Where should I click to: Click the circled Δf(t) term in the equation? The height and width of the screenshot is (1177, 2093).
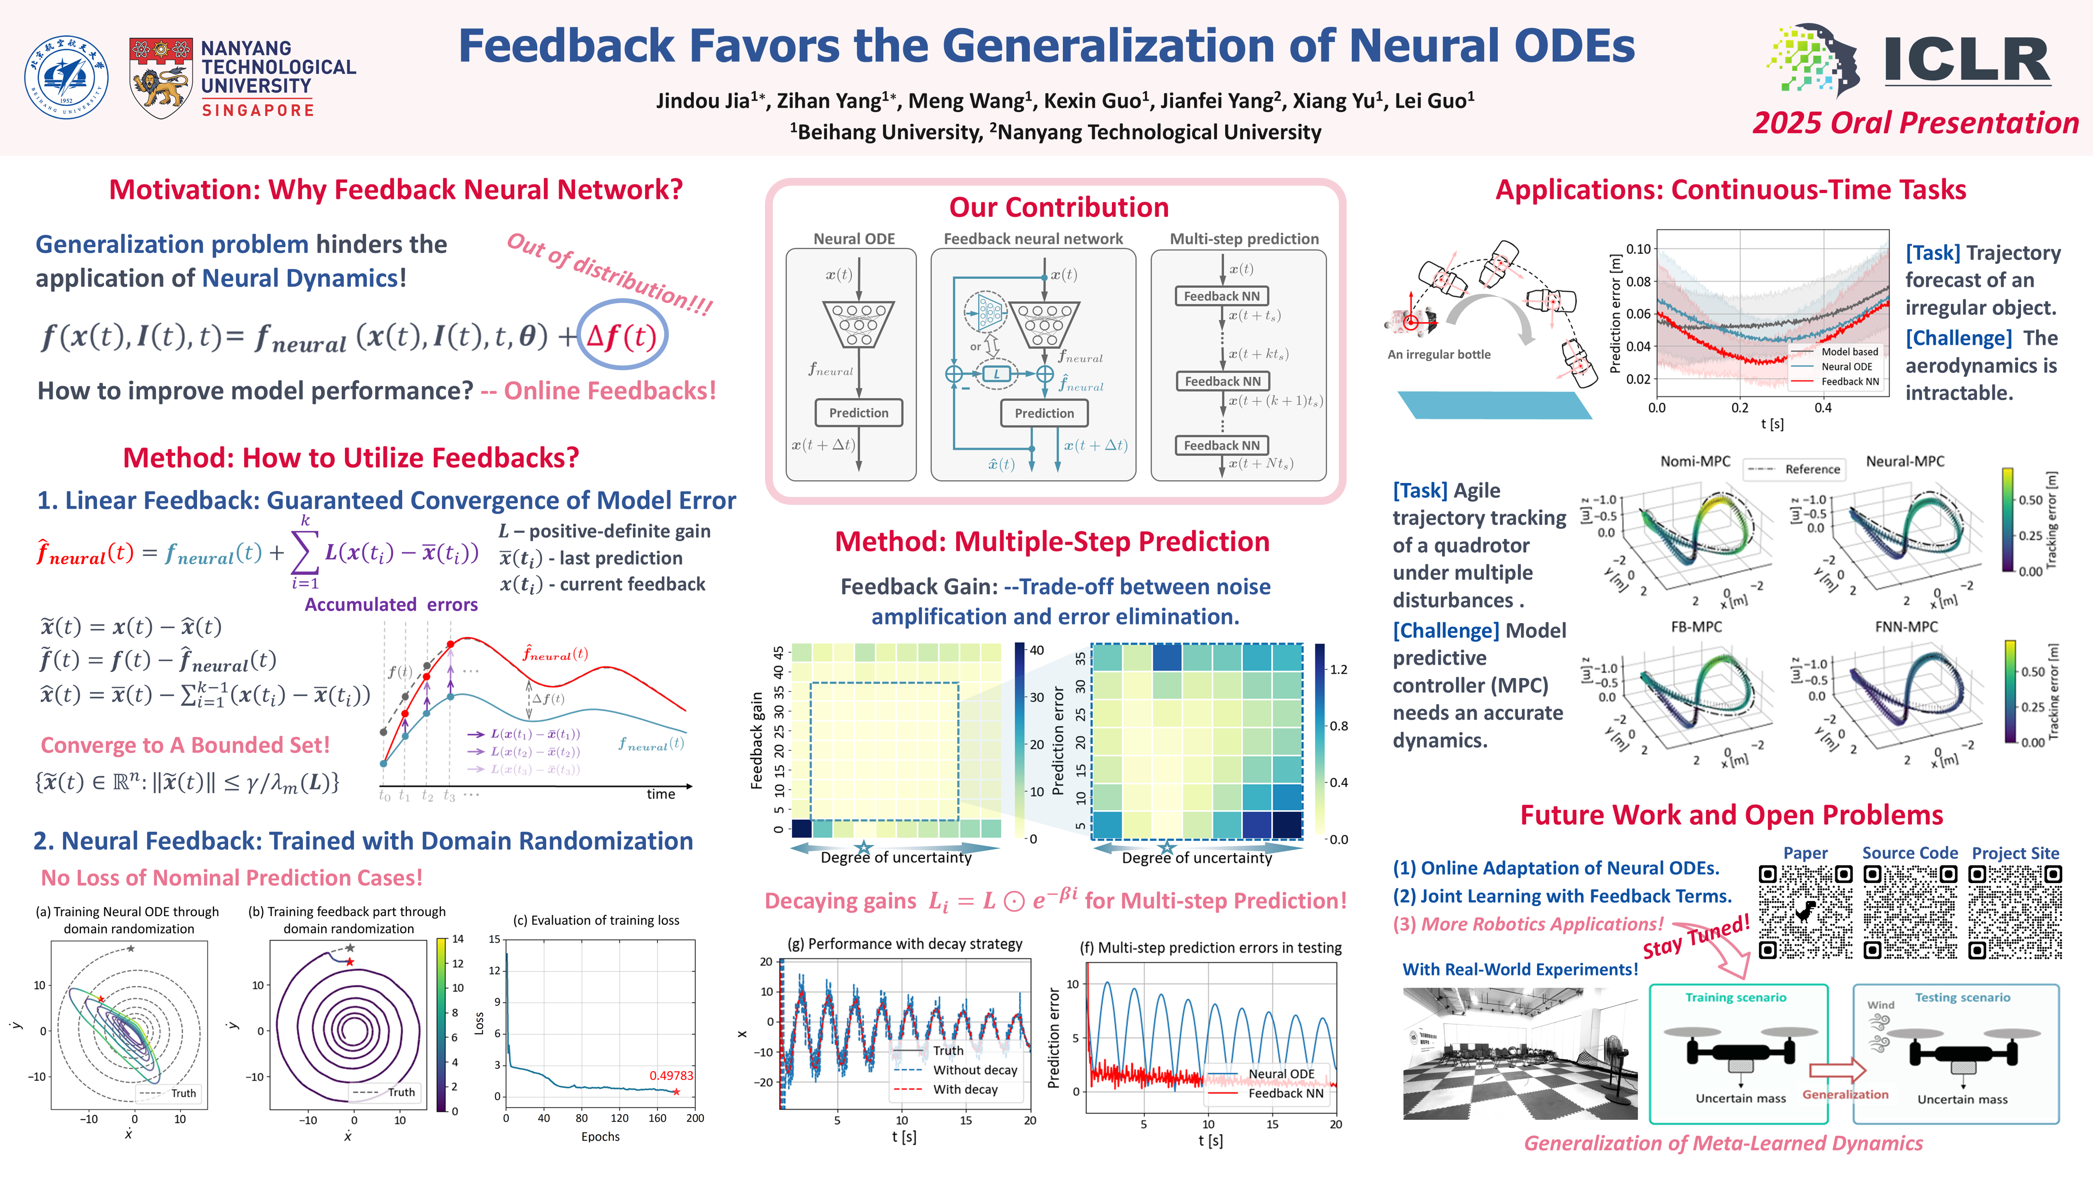pyautogui.click(x=621, y=336)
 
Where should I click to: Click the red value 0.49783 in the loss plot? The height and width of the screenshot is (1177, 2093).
pyautogui.click(x=671, y=1076)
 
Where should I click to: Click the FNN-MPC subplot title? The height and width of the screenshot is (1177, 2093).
pyautogui.click(x=1905, y=627)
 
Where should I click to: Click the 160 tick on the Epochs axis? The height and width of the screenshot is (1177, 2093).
pyautogui.click(x=657, y=1119)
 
